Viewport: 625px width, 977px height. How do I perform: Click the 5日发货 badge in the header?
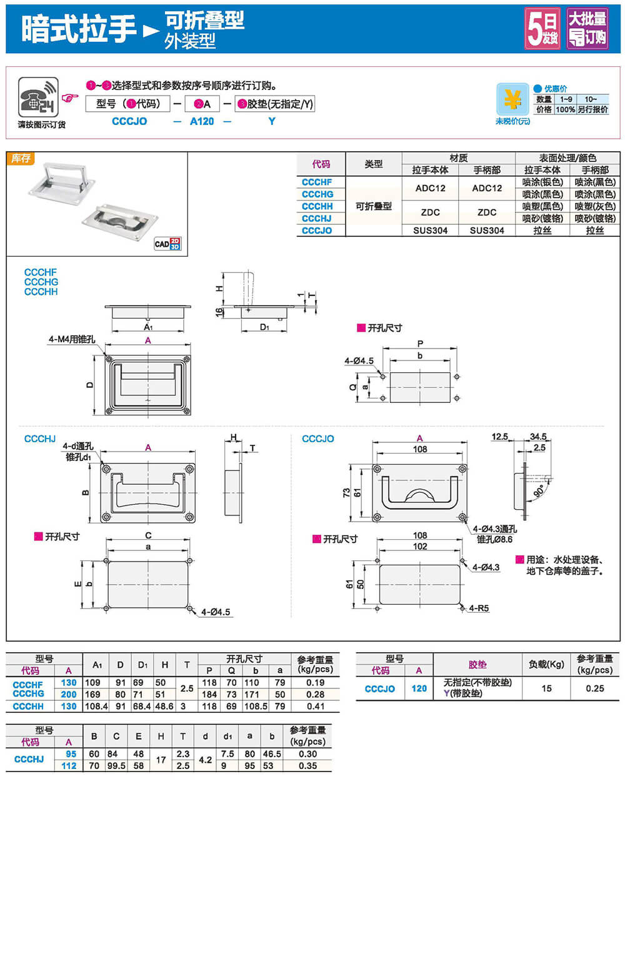point(542,28)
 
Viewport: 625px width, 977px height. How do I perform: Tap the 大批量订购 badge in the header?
point(587,28)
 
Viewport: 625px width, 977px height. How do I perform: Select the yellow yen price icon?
point(512,99)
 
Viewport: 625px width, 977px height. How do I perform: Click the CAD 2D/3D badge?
point(167,244)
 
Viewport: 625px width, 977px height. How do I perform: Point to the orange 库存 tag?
point(21,159)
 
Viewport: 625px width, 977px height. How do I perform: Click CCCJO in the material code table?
point(317,231)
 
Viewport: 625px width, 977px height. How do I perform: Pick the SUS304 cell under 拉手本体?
point(430,231)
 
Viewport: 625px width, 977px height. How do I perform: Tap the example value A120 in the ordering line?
point(202,121)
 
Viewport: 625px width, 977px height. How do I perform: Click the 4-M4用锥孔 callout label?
point(72,339)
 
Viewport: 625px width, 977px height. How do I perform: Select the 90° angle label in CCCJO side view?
point(538,491)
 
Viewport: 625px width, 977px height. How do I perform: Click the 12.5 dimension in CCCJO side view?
point(499,437)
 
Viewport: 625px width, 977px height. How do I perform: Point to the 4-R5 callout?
point(479,608)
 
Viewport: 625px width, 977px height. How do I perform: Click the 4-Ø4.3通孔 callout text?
point(494,529)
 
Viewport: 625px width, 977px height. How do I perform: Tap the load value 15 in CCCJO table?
point(546,688)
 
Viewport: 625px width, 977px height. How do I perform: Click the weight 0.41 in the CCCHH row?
point(316,707)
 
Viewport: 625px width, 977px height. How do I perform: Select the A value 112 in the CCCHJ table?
point(69,766)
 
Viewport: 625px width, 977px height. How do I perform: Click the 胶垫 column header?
point(477,665)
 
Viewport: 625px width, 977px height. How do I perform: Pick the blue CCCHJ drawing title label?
point(40,439)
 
